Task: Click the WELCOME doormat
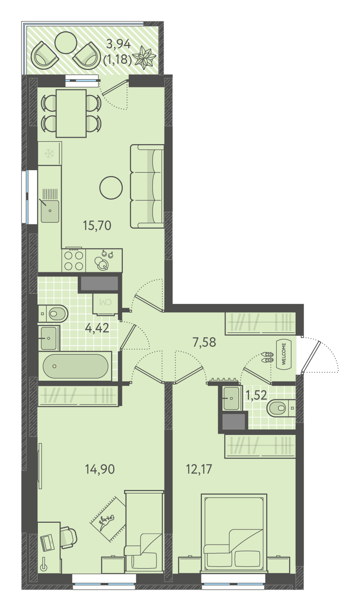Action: coord(284,354)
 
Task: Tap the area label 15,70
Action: coord(97,226)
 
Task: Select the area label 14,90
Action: coord(100,469)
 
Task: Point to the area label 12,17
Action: coord(199,469)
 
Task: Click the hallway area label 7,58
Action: coord(204,342)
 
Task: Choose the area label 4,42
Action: coord(97,328)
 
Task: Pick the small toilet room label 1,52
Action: coord(256,395)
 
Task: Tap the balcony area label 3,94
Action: coord(119,44)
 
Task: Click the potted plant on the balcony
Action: coord(144,57)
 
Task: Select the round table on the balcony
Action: coord(65,42)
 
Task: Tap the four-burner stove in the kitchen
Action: coord(74,260)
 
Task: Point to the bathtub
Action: coord(75,366)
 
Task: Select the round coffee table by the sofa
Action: coord(111,188)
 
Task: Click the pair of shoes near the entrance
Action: coord(267,357)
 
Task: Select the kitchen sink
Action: coord(50,211)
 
